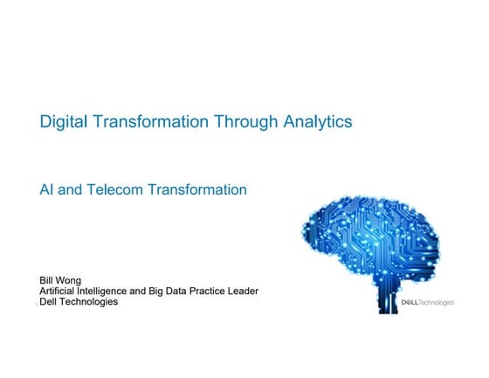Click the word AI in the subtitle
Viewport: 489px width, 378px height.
(x=48, y=189)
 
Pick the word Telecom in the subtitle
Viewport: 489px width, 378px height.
(x=116, y=189)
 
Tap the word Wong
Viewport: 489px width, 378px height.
(x=70, y=280)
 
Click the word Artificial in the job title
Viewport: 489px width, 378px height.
(x=59, y=291)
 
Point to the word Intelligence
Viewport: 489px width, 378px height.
(x=112, y=291)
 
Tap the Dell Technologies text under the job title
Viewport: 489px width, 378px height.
(x=79, y=302)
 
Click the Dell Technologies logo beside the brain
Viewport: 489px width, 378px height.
(x=427, y=303)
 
